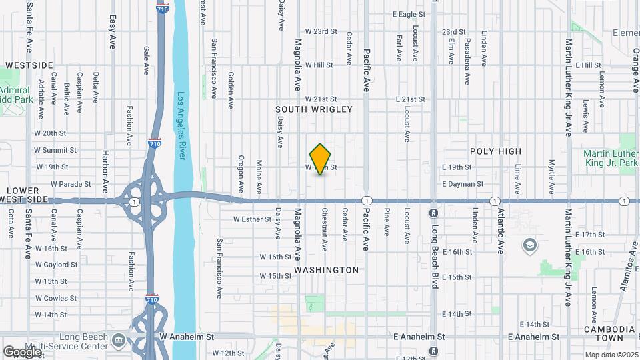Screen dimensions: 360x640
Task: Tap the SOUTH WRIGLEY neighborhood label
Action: point(314,109)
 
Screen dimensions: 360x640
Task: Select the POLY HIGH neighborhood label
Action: point(495,151)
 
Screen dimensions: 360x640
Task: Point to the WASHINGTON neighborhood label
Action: point(327,270)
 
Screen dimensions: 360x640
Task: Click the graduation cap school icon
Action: point(530,245)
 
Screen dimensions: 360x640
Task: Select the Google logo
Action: point(22,351)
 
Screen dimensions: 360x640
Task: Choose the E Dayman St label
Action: point(462,184)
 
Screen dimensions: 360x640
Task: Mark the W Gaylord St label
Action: point(56,265)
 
